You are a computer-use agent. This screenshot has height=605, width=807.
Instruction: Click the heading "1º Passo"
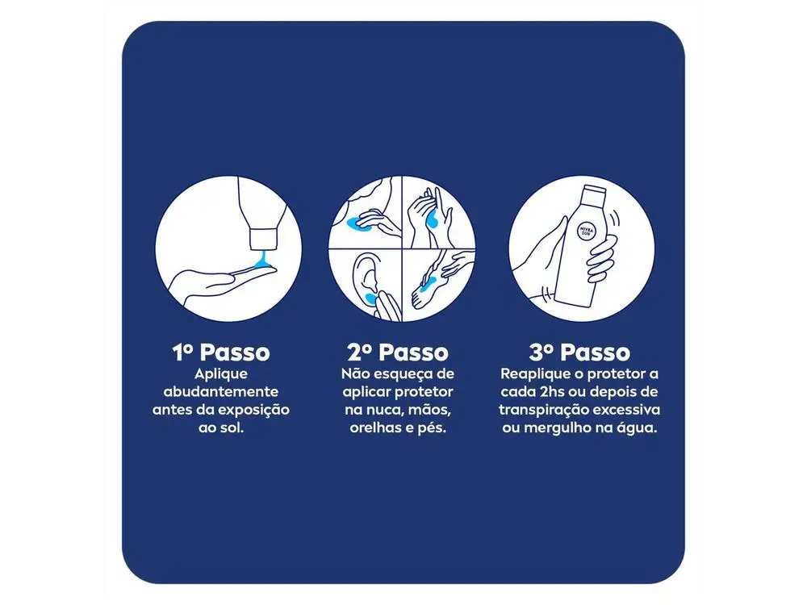point(220,353)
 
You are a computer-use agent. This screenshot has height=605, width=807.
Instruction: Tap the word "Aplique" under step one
point(220,374)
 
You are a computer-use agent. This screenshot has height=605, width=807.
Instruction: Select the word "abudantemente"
point(220,392)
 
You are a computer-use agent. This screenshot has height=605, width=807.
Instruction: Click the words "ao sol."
point(220,428)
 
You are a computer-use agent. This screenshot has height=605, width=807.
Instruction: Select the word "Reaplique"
point(535,374)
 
